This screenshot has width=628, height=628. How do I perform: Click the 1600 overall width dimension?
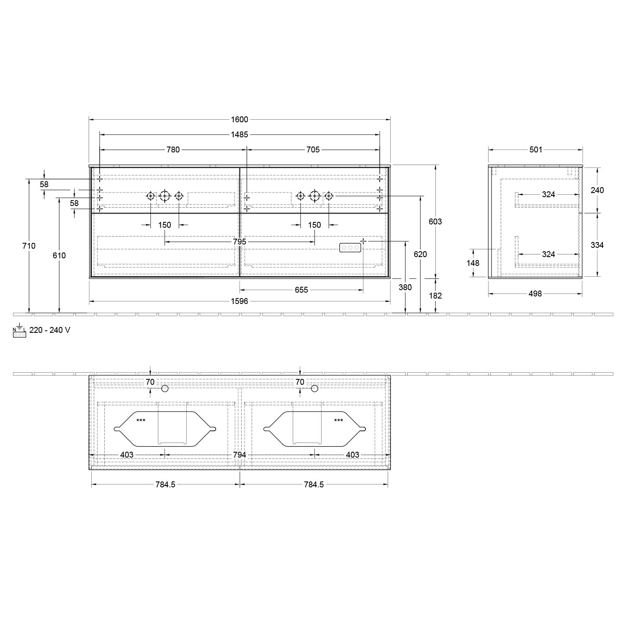[239, 119]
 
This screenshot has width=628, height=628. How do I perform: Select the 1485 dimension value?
[239, 134]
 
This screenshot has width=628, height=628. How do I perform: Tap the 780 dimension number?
[173, 149]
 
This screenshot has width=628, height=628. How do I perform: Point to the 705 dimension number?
[313, 149]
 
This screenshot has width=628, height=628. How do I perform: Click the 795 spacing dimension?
[239, 242]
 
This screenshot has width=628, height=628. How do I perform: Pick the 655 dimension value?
[301, 290]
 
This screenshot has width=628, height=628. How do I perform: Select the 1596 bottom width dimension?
[239, 301]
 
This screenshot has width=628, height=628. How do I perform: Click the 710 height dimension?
[29, 246]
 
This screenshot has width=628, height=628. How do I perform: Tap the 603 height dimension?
[435, 221]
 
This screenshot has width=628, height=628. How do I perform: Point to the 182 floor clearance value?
[435, 296]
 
